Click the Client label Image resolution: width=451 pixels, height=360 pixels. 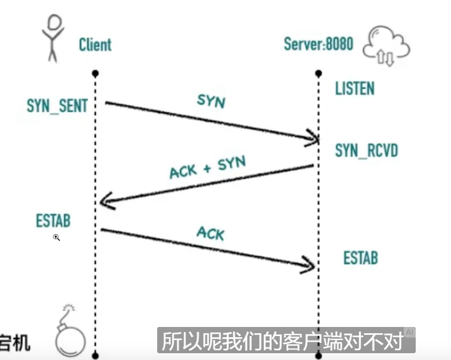coord(95,44)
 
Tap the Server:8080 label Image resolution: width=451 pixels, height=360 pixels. coord(318,44)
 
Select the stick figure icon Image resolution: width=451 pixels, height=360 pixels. coord(54,37)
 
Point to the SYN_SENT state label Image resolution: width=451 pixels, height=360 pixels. coord(57,105)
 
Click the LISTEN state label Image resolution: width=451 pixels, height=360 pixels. coord(355,88)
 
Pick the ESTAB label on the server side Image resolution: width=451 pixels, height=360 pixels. coord(360,258)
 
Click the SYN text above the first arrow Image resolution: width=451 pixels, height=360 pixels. coord(211,101)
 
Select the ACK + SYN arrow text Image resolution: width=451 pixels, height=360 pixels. coord(207,167)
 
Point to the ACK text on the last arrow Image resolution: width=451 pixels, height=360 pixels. coord(210,232)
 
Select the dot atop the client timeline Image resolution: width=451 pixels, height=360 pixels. coord(95,73)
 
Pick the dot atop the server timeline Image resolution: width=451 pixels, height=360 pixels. coord(319,73)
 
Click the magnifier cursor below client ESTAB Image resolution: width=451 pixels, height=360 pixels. coord(56,237)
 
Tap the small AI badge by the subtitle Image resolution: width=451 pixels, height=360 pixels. coord(409,332)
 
